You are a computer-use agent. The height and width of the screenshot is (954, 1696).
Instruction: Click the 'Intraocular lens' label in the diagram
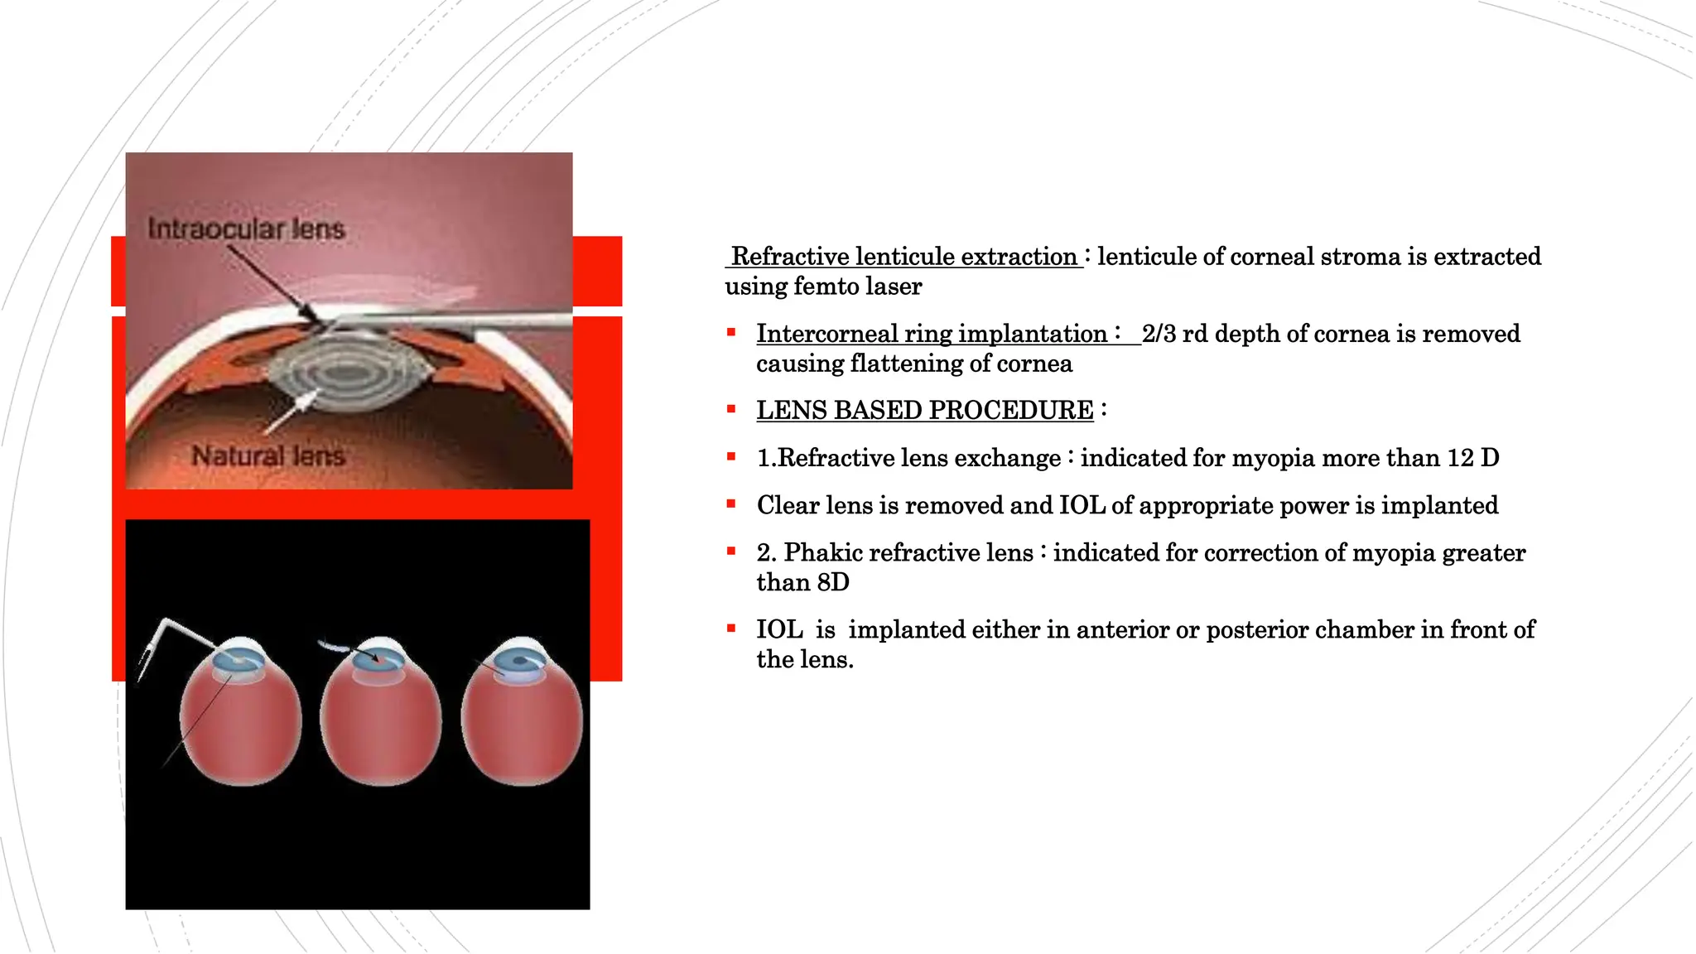pyautogui.click(x=246, y=229)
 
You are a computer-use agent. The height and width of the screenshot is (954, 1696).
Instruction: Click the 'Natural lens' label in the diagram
pyautogui.click(x=268, y=455)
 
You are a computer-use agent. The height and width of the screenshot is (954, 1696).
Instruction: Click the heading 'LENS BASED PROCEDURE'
pyautogui.click(x=924, y=410)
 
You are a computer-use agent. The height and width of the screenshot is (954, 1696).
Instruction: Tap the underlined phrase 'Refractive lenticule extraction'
pyautogui.click(x=903, y=257)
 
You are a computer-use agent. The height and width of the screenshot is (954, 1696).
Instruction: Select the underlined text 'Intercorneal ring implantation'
pyautogui.click(x=932, y=334)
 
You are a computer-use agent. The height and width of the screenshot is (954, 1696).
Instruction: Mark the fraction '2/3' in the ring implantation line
pyautogui.click(x=1159, y=334)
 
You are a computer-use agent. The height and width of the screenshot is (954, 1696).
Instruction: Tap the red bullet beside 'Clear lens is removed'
pyautogui.click(x=731, y=503)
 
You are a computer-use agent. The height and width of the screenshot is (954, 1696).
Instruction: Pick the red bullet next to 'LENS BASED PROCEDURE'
pyautogui.click(x=731, y=408)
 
